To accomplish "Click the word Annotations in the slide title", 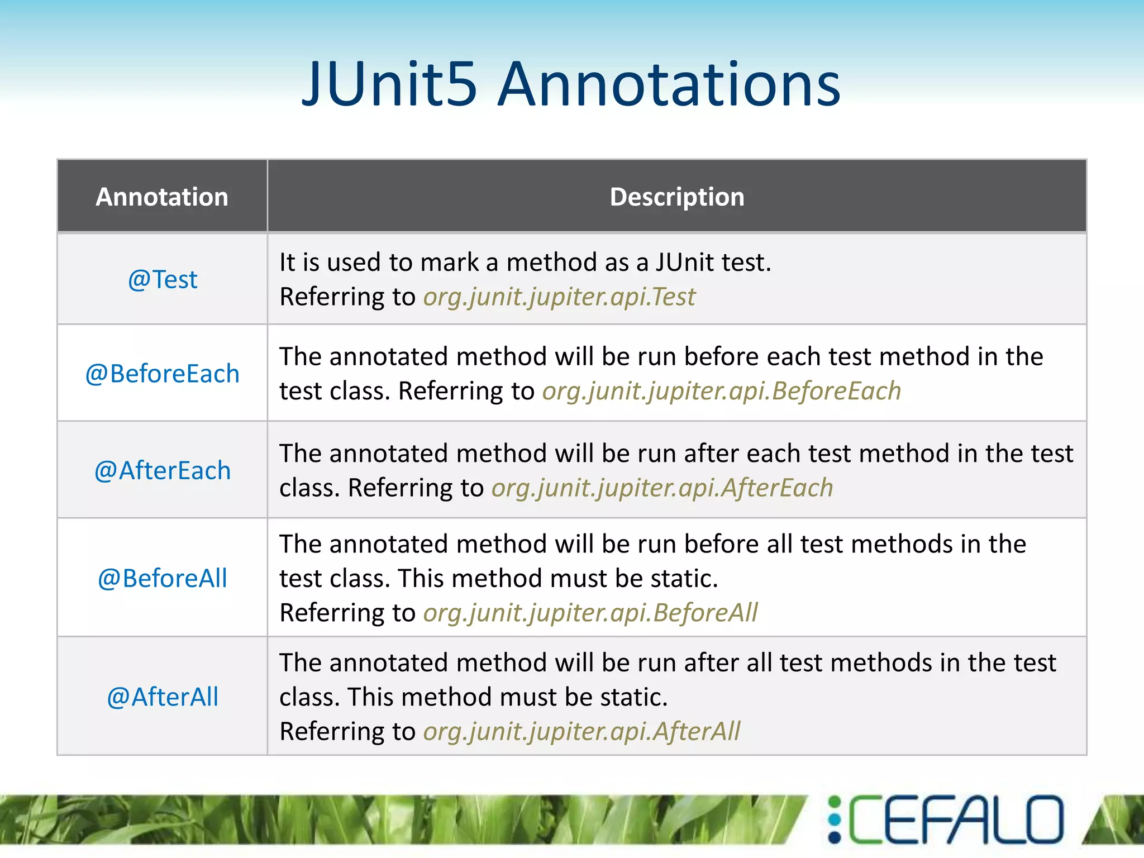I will pos(669,85).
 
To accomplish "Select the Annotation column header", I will pos(162,197).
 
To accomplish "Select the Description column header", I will pos(676,197).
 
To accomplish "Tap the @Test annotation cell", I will pos(163,279).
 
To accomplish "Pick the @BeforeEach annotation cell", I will pos(163,374).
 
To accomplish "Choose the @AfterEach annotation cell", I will pos(163,470).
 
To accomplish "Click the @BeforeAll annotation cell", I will pos(163,578).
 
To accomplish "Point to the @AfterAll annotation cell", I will pos(163,697).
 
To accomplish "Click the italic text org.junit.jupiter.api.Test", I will pos(559,297).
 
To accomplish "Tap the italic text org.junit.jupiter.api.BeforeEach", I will pos(721,391).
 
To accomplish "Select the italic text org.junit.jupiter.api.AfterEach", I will pos(662,488).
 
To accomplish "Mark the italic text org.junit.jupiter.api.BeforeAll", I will pos(590,613).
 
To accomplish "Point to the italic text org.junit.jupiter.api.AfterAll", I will pos(581,731).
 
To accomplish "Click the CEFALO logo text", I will pos(956,820).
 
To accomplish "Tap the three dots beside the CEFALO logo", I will pos(835,820).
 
